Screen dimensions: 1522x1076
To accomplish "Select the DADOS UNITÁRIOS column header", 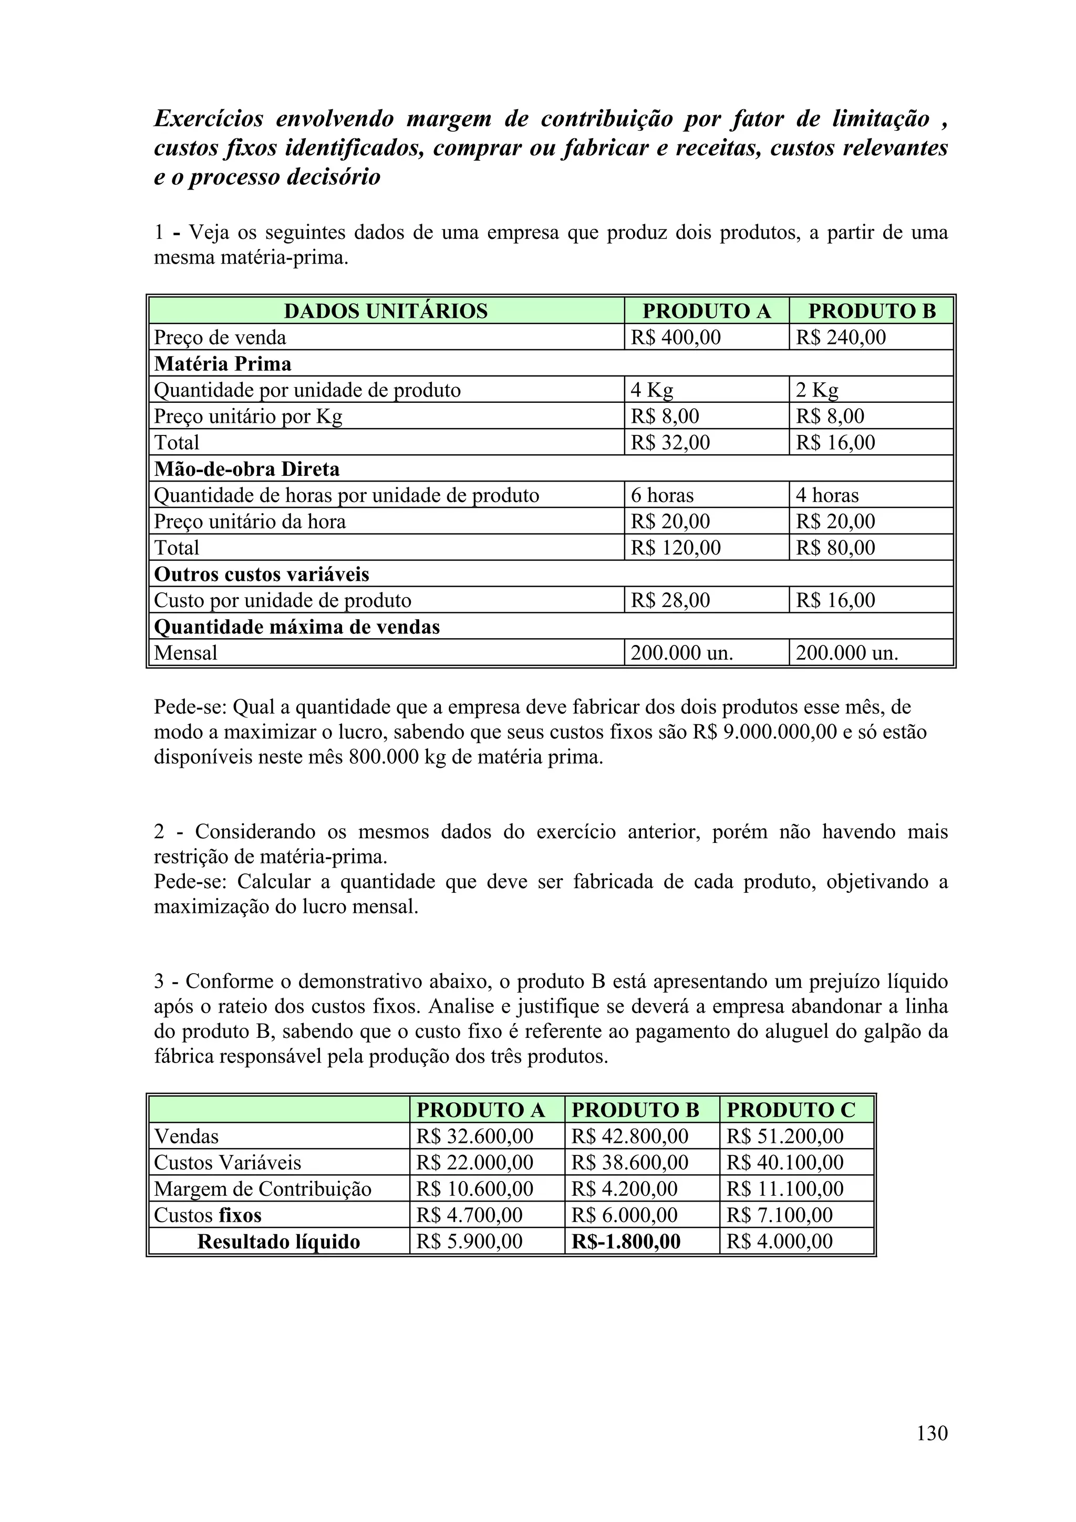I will pos(385,311).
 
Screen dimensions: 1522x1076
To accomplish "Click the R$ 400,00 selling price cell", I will pos(675,337).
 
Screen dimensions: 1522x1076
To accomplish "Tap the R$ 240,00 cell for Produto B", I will pos(840,337).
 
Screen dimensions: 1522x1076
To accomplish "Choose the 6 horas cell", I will pos(661,495).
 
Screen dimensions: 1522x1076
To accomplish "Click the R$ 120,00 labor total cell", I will pos(675,548).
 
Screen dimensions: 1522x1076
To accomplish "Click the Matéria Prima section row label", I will pos(223,364).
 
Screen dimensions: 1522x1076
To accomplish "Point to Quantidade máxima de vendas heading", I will pos(296,627).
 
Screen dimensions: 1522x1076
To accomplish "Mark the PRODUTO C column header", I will pos(791,1110).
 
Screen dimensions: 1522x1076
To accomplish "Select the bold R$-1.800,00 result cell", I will pos(626,1241).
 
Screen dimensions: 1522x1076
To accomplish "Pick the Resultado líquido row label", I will pos(278,1241).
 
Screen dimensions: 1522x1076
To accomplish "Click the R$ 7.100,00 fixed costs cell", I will pos(779,1215).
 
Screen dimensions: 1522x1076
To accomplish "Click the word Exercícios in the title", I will pos(208,119).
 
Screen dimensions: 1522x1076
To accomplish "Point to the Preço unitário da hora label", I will pos(250,522).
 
